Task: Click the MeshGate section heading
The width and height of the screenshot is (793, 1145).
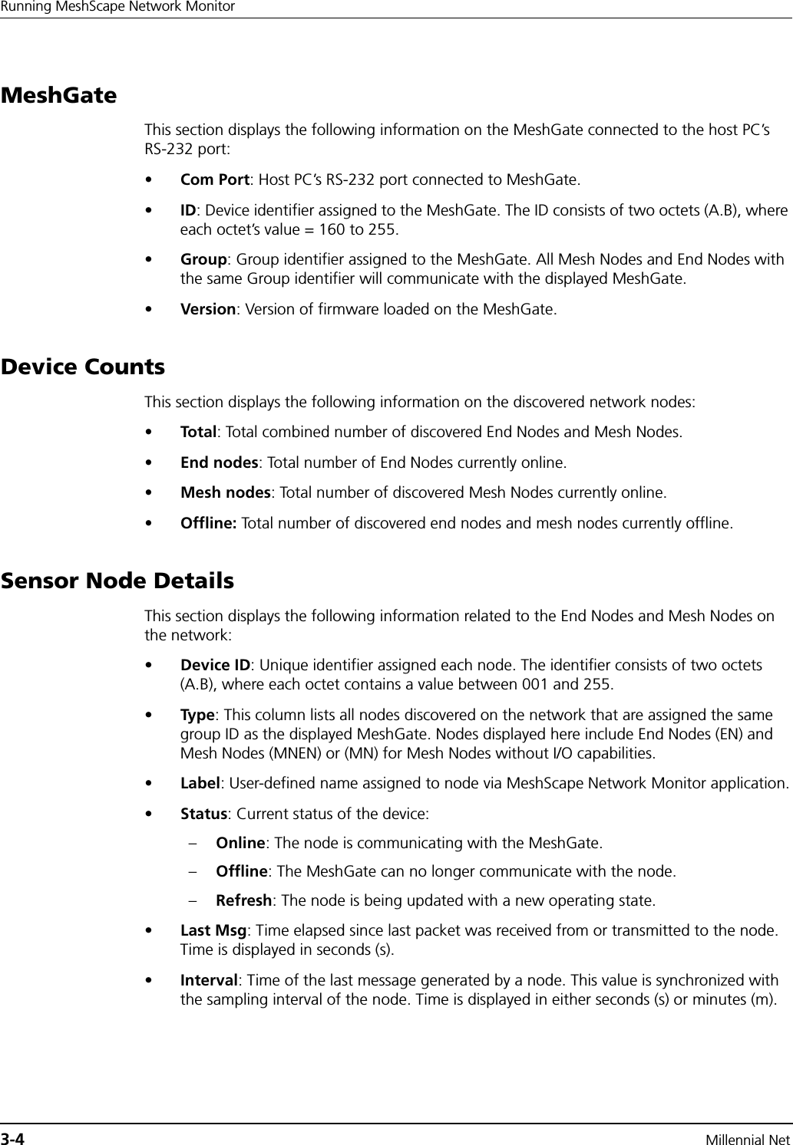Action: point(59,97)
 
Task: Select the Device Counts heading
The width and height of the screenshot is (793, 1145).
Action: point(83,367)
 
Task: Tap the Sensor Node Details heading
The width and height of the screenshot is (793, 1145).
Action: point(117,581)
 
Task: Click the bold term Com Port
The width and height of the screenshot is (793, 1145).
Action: point(214,180)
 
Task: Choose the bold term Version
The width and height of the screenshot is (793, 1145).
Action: point(207,310)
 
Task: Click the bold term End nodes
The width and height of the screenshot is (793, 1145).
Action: point(218,462)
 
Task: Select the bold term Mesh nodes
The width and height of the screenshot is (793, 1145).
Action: point(224,492)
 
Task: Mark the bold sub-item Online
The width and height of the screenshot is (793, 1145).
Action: point(240,844)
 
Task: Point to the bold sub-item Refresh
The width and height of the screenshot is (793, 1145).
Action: point(243,900)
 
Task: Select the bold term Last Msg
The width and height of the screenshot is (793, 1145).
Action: point(213,931)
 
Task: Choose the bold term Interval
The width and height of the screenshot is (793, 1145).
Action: point(208,981)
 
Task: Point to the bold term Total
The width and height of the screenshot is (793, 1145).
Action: point(197,433)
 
